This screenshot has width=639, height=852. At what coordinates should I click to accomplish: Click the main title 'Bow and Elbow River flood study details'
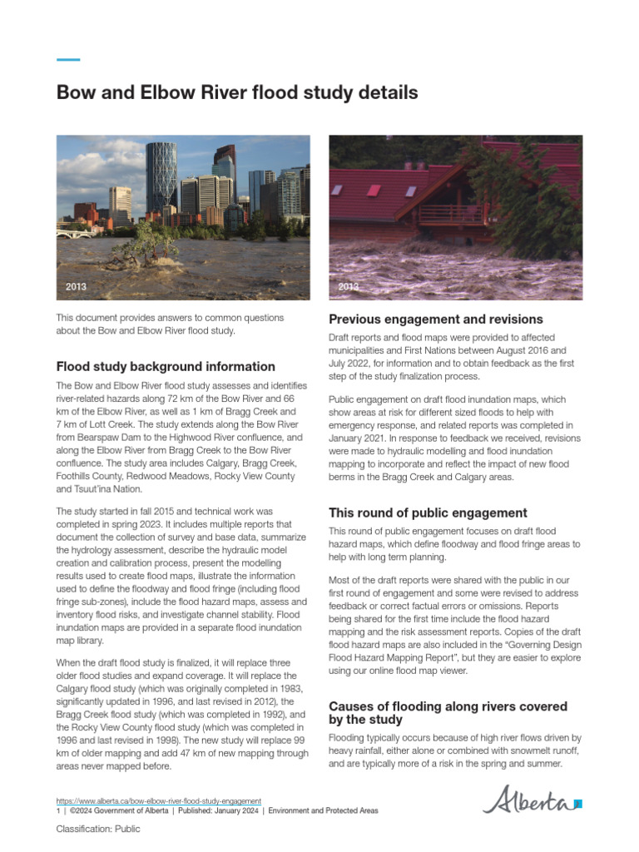pyautogui.click(x=237, y=92)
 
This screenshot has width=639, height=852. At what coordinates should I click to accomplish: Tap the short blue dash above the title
pyautogui.click(x=68, y=60)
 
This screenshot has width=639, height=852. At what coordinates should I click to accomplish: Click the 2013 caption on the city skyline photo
pyautogui.click(x=76, y=287)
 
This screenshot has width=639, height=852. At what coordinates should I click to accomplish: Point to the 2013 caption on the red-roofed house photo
pyautogui.click(x=349, y=287)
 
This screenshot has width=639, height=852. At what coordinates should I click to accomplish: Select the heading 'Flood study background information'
pyautogui.click(x=166, y=366)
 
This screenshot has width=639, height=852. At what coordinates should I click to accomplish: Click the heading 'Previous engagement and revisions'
pyautogui.click(x=436, y=319)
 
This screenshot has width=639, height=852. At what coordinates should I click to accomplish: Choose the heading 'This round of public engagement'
pyautogui.click(x=428, y=513)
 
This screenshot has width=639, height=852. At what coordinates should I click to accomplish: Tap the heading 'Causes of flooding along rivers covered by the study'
pyautogui.click(x=448, y=712)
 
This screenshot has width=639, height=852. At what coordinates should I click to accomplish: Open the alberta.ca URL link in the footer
pyautogui.click(x=158, y=800)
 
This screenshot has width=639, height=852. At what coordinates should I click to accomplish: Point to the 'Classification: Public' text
pyautogui.click(x=98, y=829)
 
